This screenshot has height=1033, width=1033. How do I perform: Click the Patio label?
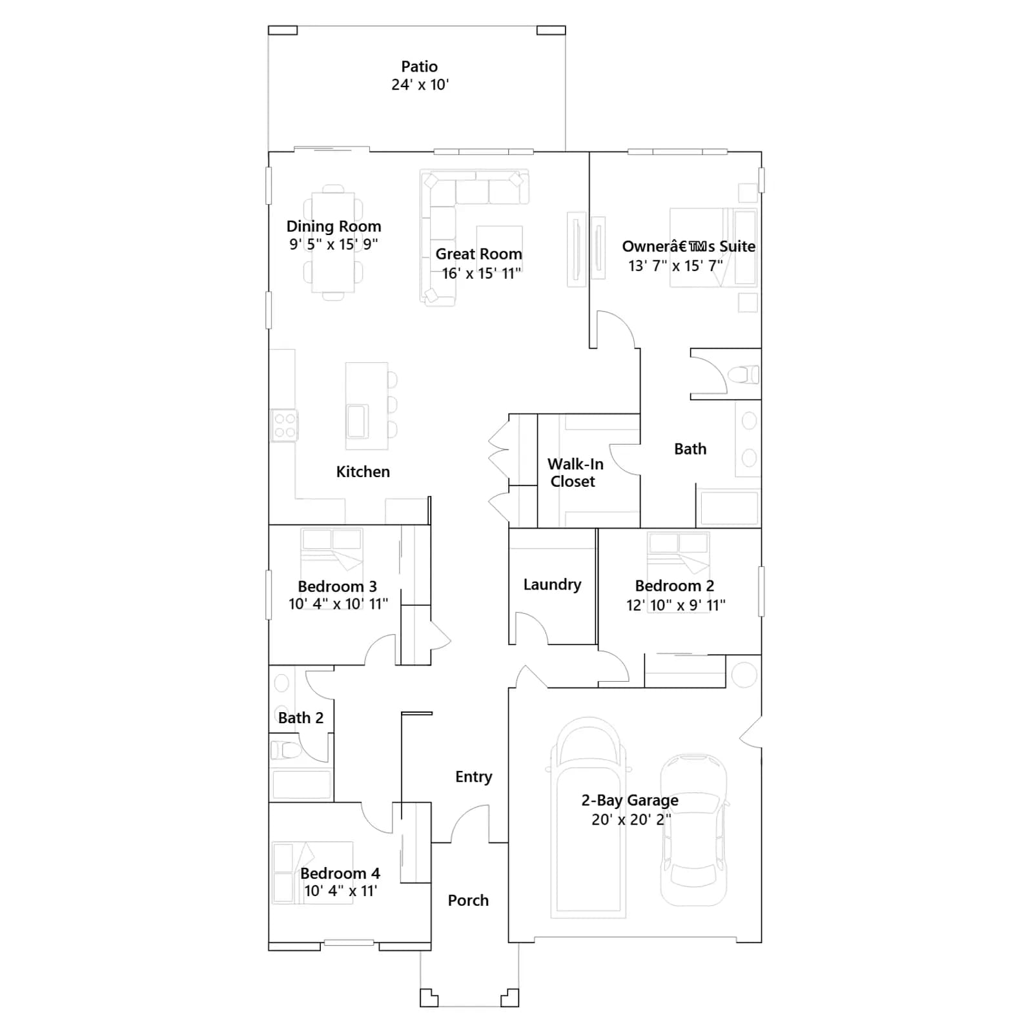(x=420, y=66)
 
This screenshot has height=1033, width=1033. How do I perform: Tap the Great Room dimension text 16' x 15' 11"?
(x=481, y=273)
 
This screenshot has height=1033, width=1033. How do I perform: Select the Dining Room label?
(x=334, y=227)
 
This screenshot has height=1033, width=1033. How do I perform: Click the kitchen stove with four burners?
(x=284, y=425)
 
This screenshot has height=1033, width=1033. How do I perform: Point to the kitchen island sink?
(x=357, y=421)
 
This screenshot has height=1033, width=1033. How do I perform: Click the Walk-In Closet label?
(x=575, y=473)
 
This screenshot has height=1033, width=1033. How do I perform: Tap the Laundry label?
(x=552, y=584)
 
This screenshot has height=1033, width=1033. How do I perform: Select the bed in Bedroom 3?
(x=332, y=549)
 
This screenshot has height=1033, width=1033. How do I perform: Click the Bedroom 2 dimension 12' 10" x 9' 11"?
(x=676, y=605)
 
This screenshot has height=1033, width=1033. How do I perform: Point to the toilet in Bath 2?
(x=287, y=750)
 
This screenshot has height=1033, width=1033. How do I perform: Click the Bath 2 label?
(x=301, y=718)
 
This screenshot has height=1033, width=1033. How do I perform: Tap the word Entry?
(x=473, y=777)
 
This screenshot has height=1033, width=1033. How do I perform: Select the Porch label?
(x=468, y=901)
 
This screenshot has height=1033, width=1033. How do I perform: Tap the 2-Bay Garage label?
(x=630, y=801)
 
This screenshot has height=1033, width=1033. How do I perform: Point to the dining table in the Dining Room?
(x=333, y=243)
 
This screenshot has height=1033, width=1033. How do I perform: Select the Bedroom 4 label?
(x=340, y=874)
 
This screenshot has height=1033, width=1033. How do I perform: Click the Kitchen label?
(x=363, y=472)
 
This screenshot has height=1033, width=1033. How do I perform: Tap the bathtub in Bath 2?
(x=302, y=784)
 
